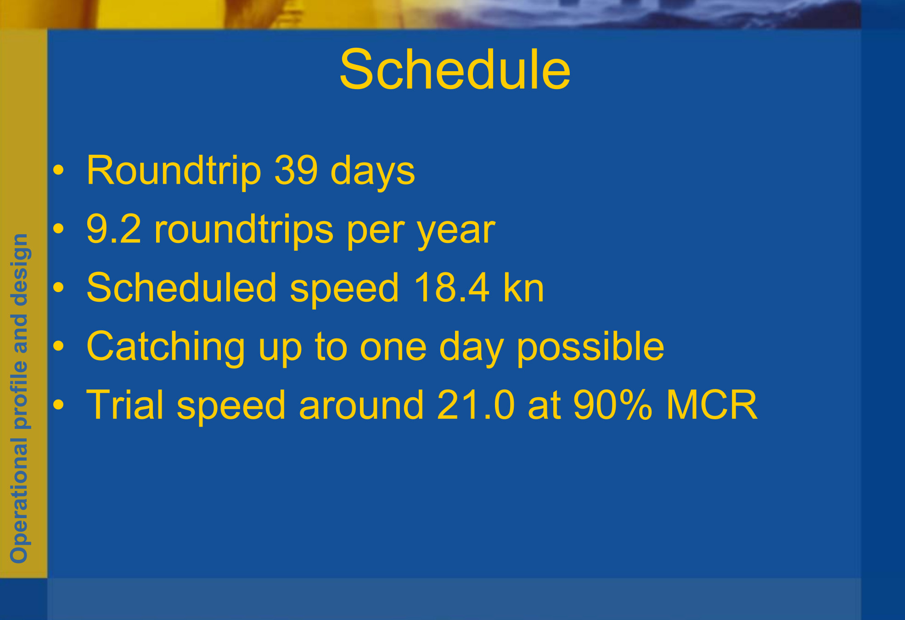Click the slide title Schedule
pos(455,70)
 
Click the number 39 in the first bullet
pos(296,170)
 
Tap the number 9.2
pos(113,229)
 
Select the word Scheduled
pos(181,288)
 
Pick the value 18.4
pos(452,288)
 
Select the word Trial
pos(125,405)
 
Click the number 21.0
pos(476,405)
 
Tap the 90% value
pos(613,405)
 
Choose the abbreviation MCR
pos(712,405)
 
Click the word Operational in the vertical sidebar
pos(20,501)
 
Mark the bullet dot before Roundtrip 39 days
pos(58,170)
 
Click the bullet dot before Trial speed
pos(58,405)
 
